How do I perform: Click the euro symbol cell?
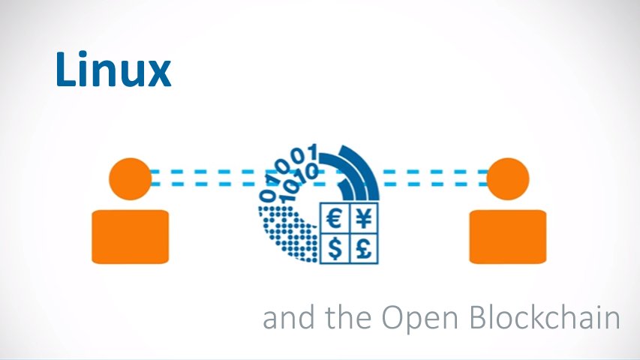(335, 219)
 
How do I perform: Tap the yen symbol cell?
(365, 219)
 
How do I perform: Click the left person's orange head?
(130, 178)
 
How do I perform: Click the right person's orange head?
(508, 178)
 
